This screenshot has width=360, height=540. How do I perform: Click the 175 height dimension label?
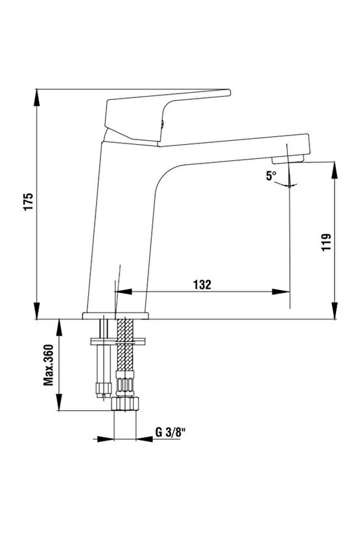[x=29, y=202]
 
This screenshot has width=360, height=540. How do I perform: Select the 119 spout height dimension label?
[x=326, y=242]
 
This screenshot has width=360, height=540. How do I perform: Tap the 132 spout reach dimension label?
[x=202, y=284]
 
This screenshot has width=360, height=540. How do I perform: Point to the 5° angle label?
[x=271, y=176]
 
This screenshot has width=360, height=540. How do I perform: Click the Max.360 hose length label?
[x=49, y=365]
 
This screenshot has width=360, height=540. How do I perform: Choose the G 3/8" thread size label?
[x=171, y=432]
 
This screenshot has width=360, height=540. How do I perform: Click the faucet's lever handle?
[x=167, y=116]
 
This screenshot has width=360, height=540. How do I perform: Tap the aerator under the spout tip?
[x=288, y=160]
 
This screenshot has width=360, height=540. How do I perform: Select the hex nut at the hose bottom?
[x=125, y=403]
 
